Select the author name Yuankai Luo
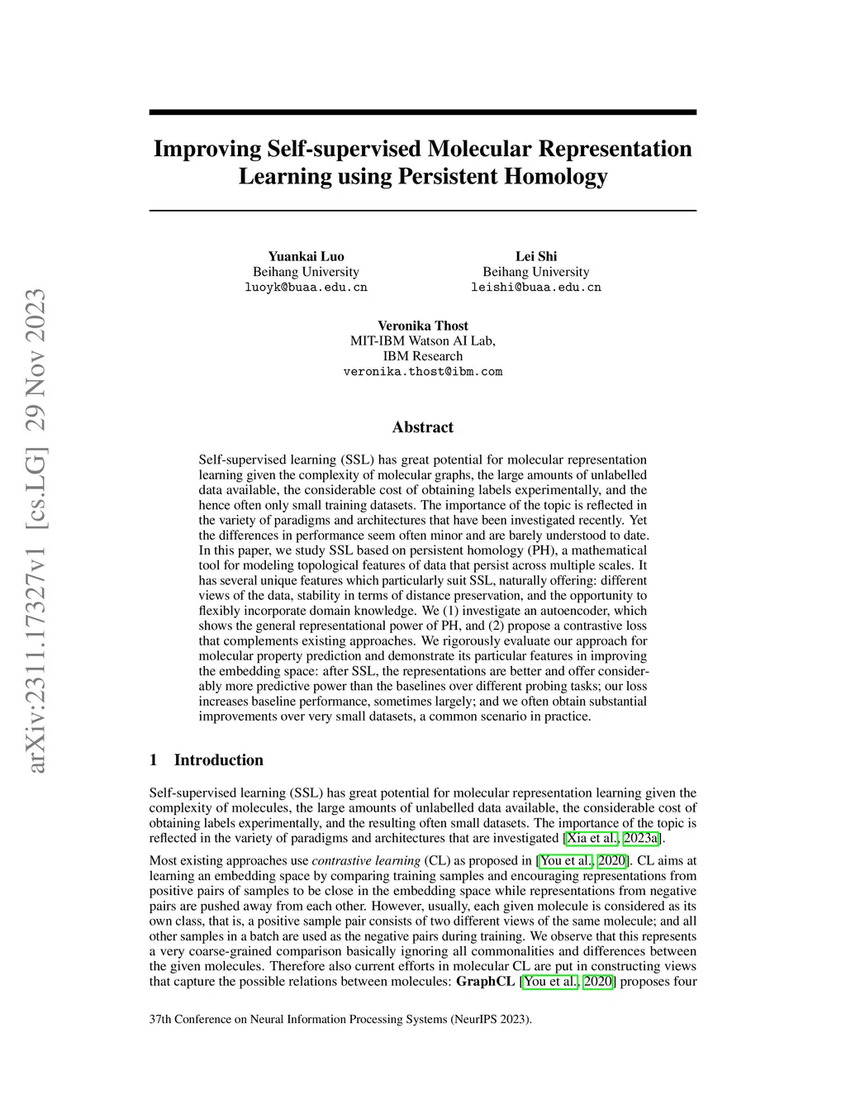306,256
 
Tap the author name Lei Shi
536,256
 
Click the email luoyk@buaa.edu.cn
306,288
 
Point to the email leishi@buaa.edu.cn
536,288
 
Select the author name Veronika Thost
423,326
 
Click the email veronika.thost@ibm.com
423,372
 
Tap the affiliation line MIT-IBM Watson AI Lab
423,340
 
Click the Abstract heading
423,427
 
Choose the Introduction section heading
218,760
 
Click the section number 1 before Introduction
154,760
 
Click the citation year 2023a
641,839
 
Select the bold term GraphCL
485,982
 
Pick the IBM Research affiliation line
423,356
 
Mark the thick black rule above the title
423,112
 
